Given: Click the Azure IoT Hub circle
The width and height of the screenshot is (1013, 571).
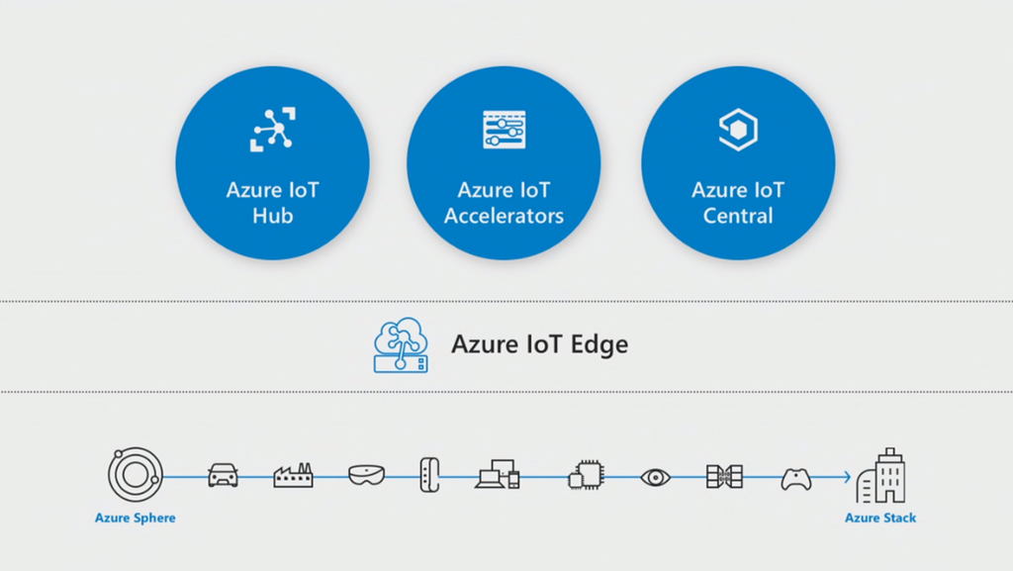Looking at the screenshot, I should click(x=272, y=163).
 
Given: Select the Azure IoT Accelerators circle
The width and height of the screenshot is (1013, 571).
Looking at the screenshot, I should click(x=504, y=163).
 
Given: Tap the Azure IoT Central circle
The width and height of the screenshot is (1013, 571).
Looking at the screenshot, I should click(x=738, y=163).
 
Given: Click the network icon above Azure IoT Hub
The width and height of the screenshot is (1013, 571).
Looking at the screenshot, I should click(x=271, y=130).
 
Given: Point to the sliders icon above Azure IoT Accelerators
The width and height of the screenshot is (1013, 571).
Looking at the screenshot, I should click(x=504, y=130).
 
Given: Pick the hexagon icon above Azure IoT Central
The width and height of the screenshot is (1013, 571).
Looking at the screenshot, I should click(x=738, y=130).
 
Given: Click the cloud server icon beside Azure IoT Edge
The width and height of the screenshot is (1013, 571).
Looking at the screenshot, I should click(x=402, y=345).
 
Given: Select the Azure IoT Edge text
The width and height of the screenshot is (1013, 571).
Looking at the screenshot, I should click(x=539, y=345).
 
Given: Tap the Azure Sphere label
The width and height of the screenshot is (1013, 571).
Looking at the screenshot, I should click(x=135, y=518).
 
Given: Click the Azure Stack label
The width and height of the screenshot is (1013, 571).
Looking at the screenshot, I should click(x=880, y=518).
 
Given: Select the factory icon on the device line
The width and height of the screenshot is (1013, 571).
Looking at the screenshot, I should click(x=293, y=476).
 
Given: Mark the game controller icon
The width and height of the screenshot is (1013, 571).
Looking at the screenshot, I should click(x=796, y=478).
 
